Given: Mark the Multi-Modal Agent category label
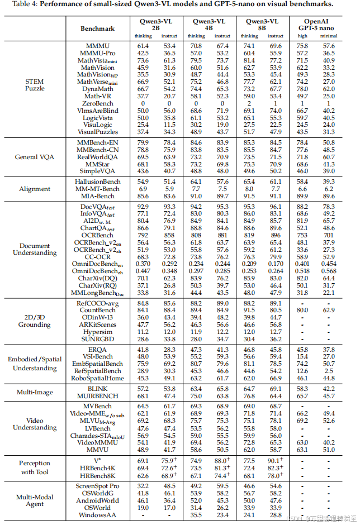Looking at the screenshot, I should pyautogui.click(x=35, y=500).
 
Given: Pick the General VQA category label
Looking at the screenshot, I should pyautogui.click(x=35, y=157).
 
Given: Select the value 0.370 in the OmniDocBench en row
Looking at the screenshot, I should pyautogui.click(x=144, y=264).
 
